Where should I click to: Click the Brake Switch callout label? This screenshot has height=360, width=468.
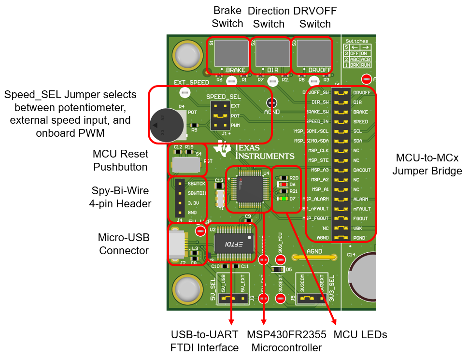click(x=227, y=17)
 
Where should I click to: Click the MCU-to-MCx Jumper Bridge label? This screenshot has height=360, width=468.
click(x=427, y=164)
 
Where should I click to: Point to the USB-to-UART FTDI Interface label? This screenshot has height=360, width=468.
click(x=205, y=341)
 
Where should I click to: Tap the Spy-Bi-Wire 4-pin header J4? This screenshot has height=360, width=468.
click(x=179, y=198)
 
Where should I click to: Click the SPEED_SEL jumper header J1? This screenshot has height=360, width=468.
click(x=222, y=116)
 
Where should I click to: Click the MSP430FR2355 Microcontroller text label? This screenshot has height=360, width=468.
click(x=286, y=341)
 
